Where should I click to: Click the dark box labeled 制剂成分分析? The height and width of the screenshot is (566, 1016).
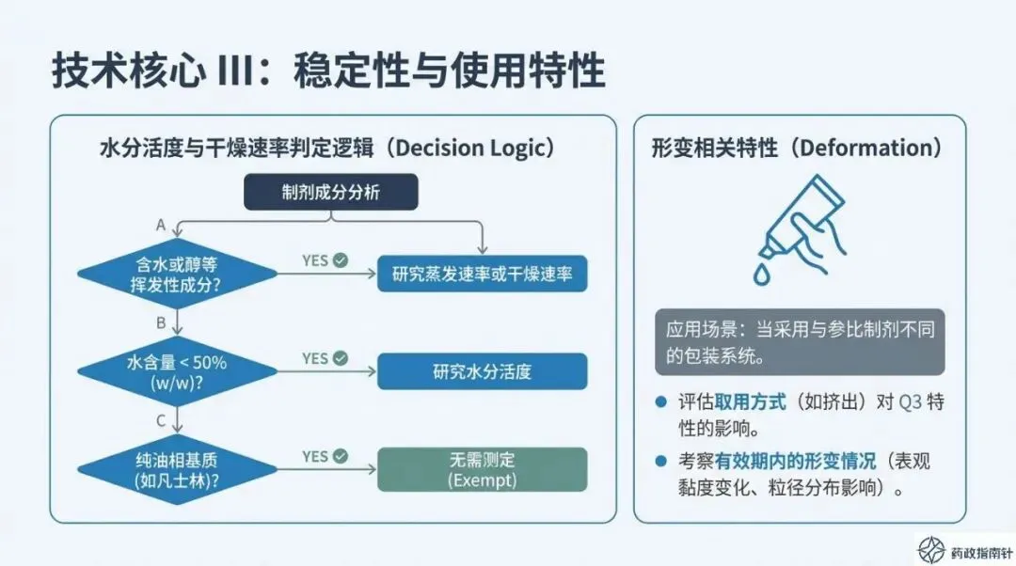[x=330, y=193]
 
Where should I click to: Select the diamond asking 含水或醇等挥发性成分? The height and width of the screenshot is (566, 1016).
[x=178, y=274]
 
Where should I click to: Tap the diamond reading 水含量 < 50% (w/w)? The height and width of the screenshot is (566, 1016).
[x=178, y=371]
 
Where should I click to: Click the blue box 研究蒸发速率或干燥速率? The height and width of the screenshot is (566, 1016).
[x=482, y=275]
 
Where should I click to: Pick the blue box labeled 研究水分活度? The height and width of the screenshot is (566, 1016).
[x=482, y=371]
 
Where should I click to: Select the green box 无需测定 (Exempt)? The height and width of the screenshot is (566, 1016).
[x=482, y=469]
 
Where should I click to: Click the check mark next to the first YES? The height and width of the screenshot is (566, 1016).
[x=341, y=259]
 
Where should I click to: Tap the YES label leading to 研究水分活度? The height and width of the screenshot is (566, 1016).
[x=315, y=358]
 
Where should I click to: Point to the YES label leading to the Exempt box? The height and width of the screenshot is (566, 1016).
[x=315, y=456]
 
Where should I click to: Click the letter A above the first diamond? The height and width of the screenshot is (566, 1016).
[x=161, y=225]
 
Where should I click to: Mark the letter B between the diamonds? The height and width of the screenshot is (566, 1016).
[x=161, y=322]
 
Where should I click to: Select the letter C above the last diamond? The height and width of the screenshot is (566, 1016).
[x=161, y=420]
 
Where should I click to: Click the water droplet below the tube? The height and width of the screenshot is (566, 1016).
[x=761, y=274]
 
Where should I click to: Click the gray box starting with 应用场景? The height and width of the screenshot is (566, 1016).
[x=800, y=342]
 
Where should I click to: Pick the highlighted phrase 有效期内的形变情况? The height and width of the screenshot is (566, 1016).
[x=795, y=462]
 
